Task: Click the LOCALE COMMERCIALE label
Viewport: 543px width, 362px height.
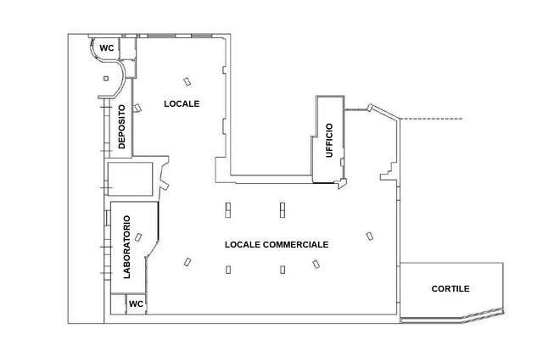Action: [277, 245]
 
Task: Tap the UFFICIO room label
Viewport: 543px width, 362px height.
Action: [329, 140]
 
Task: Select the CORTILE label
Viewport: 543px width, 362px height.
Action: [451, 288]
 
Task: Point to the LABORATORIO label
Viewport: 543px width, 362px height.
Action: [127, 247]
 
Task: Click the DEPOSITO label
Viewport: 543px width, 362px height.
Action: [121, 127]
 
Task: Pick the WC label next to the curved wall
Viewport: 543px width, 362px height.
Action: [106, 48]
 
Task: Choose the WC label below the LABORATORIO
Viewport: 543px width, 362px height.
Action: [136, 304]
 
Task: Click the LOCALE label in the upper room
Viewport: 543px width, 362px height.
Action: [182, 103]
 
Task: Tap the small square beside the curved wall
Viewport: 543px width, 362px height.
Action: [106, 79]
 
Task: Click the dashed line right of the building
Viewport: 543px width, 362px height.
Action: [432, 119]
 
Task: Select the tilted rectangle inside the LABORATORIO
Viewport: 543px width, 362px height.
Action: [138, 237]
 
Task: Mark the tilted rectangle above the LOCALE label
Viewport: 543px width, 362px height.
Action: [188, 81]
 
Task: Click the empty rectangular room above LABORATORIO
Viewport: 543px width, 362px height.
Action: [130, 179]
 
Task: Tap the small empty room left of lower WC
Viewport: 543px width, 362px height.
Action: [118, 304]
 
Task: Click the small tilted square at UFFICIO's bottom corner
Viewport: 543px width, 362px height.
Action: [342, 183]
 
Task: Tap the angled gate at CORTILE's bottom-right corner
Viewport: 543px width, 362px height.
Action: [483, 315]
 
